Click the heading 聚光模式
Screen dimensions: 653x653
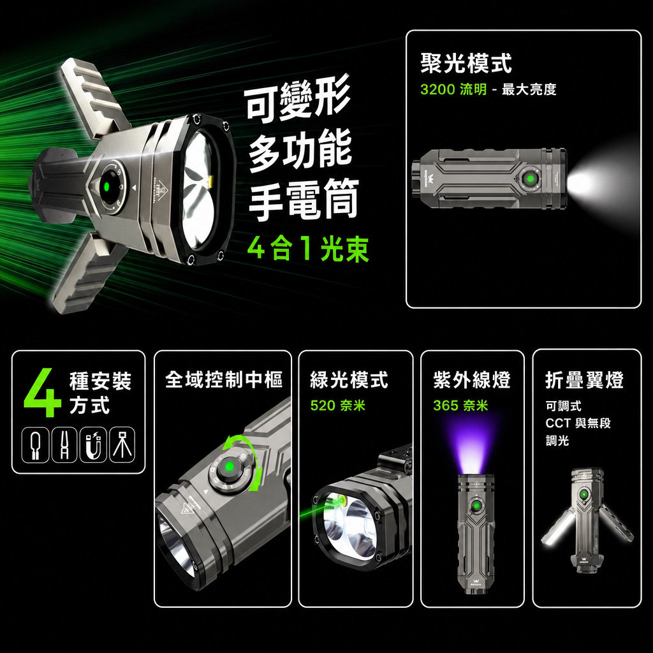click(466, 63)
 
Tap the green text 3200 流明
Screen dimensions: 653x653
click(453, 89)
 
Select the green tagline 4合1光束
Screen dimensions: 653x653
click(308, 249)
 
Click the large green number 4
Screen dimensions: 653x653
click(43, 392)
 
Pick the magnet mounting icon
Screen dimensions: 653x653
click(93, 444)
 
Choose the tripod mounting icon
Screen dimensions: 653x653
click(122, 444)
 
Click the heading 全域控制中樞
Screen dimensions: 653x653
click(224, 379)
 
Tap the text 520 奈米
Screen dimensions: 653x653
click(338, 405)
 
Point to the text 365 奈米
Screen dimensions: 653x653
click(460, 405)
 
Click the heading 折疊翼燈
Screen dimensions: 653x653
click(584, 380)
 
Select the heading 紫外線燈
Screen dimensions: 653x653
click(472, 380)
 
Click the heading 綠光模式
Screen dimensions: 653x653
click(349, 380)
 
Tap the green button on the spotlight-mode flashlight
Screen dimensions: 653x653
click(531, 179)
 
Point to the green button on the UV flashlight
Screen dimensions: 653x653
click(475, 506)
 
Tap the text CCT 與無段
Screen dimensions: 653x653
click(578, 423)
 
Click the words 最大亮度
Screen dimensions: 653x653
click(529, 89)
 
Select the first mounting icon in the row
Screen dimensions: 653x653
click(36, 444)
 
